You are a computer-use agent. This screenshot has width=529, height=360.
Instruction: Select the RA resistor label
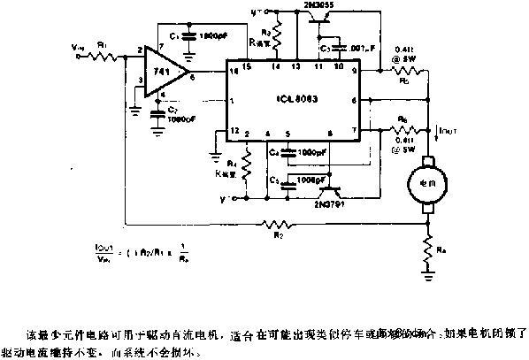click(x=443, y=252)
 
